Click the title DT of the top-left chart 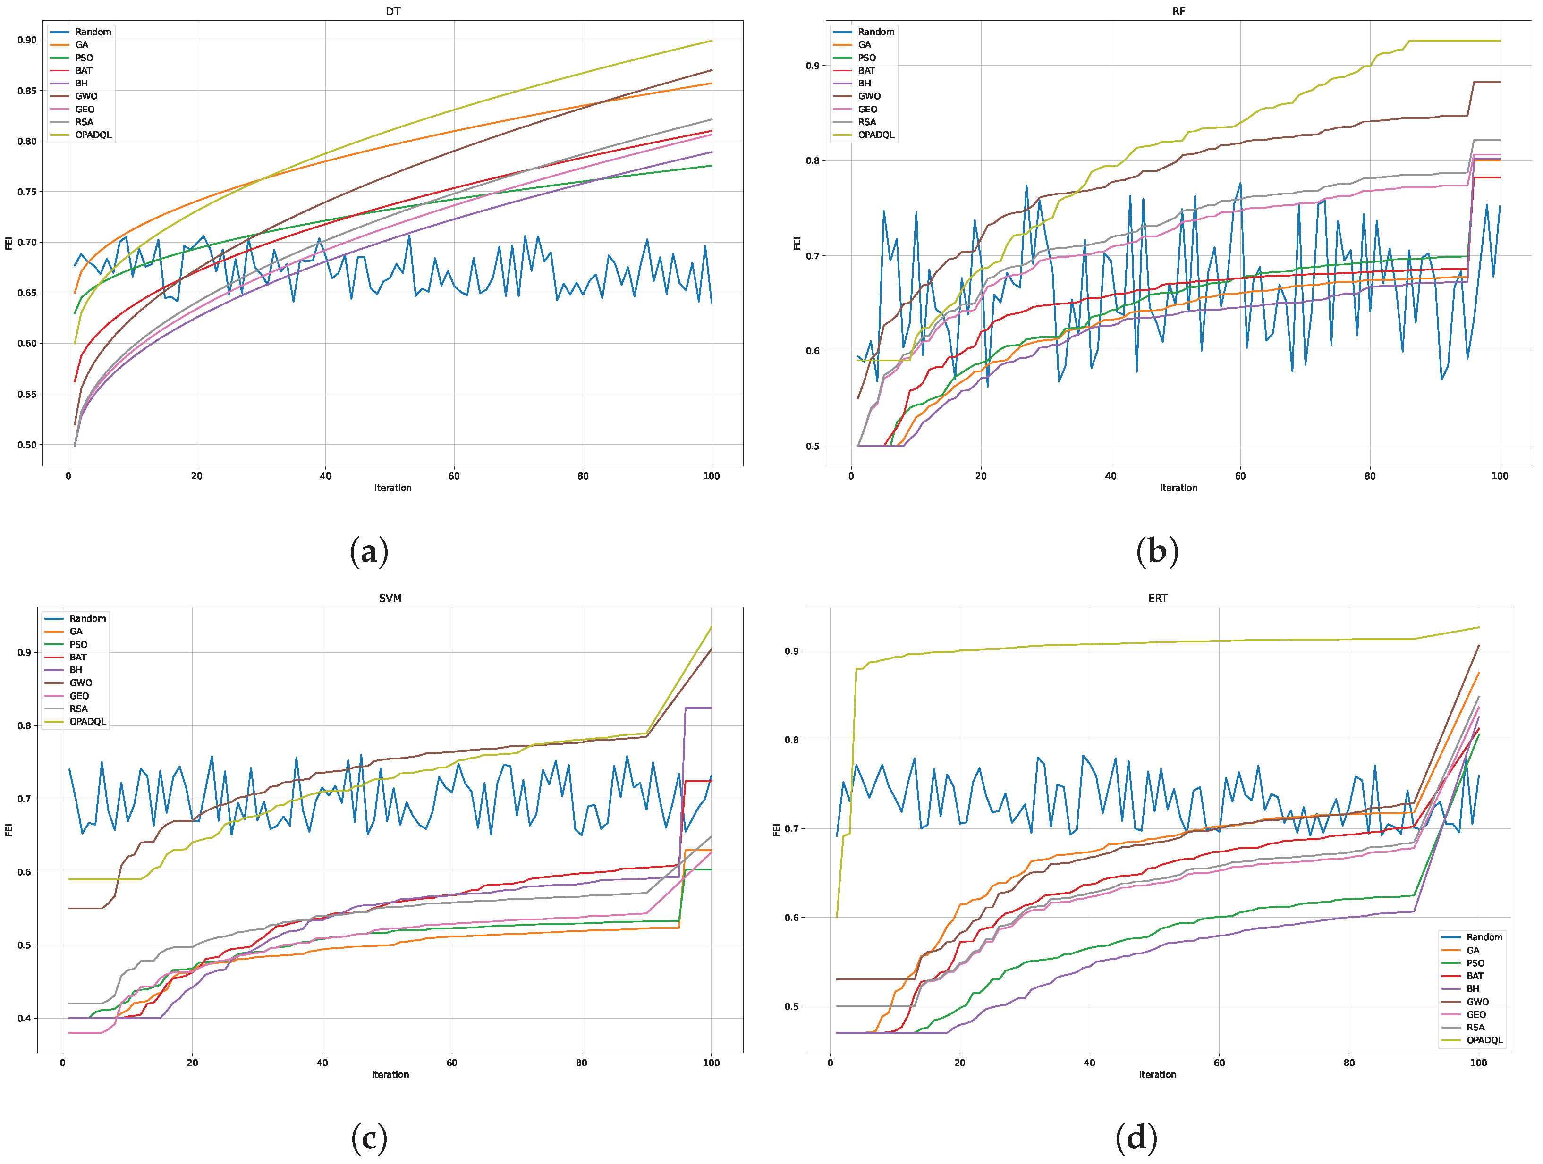click(x=393, y=11)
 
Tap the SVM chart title click(x=390, y=598)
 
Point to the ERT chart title click(x=1157, y=598)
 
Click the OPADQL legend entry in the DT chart click(x=93, y=135)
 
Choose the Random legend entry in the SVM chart click(x=87, y=619)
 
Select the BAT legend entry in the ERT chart click(x=1475, y=976)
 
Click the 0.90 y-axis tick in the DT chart click(x=27, y=40)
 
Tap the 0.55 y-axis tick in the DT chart click(x=27, y=394)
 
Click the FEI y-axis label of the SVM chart click(x=8, y=830)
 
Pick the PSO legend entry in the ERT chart click(x=1475, y=963)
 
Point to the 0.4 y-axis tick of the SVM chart click(x=25, y=1018)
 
